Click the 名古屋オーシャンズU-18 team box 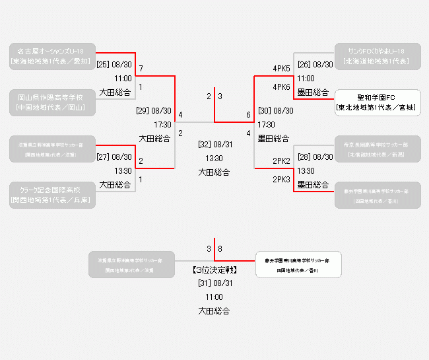[52, 56]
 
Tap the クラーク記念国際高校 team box [52, 196]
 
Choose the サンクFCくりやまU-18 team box [378, 56]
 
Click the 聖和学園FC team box [378, 102]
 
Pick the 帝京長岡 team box [378, 149]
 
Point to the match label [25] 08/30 [115, 65]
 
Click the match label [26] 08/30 [315, 65]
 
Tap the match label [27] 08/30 [115, 157]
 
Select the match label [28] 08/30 [315, 157]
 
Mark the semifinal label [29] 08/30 [154, 111]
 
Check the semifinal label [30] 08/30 [276, 111]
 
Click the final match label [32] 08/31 [215, 145]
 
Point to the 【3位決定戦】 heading [214, 270]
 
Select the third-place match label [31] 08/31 [215, 283]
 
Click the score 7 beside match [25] [141, 68]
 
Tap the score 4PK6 [282, 87]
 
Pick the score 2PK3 [282, 179]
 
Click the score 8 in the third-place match [220, 249]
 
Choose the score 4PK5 [282, 68]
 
